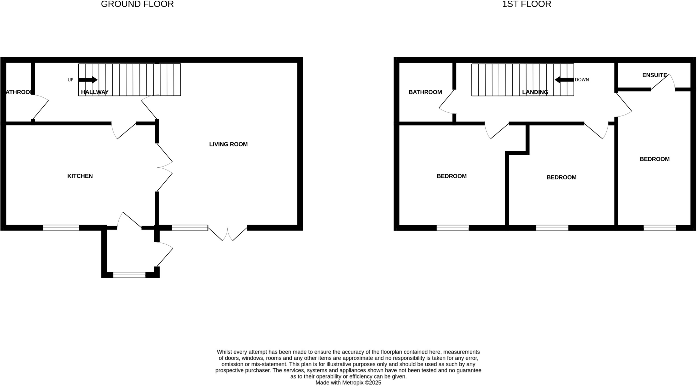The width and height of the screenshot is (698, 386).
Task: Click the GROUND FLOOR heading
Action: point(137,4)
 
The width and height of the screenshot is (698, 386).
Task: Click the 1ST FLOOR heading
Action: point(526,4)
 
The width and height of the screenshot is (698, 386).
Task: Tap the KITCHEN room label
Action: point(80,176)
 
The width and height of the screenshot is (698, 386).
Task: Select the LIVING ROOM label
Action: point(228,144)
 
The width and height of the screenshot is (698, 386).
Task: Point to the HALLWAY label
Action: point(94,92)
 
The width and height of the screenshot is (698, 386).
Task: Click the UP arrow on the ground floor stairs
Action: point(88,80)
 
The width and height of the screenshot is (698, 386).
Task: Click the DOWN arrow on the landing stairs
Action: point(564,80)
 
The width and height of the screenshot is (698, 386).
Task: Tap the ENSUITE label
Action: point(654,75)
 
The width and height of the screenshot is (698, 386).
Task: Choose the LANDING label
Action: point(535,92)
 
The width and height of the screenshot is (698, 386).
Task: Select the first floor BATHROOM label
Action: point(425,92)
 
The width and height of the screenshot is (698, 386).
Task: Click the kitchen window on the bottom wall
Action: point(61,228)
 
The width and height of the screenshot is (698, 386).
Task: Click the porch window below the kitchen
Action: point(129,275)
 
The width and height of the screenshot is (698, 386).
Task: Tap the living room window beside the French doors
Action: point(189,228)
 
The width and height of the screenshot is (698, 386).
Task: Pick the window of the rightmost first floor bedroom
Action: point(659,228)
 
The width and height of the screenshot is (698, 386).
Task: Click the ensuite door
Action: point(663,82)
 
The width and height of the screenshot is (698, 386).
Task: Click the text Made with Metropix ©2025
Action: point(348,383)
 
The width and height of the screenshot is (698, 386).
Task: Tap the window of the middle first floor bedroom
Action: point(552,228)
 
